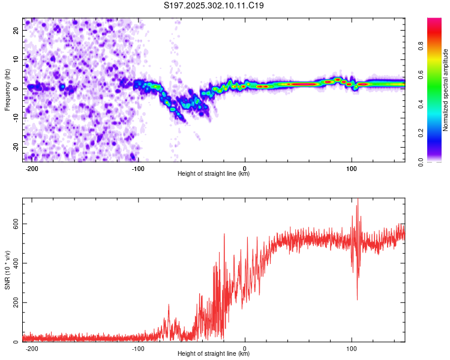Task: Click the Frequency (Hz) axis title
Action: tap(7, 89)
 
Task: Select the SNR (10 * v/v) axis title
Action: tap(7, 269)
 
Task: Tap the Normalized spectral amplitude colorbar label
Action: tap(445, 90)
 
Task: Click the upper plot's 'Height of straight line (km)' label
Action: tap(214, 174)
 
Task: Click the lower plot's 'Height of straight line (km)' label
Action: tap(214, 354)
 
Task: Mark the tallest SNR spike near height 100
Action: tap(358, 200)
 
